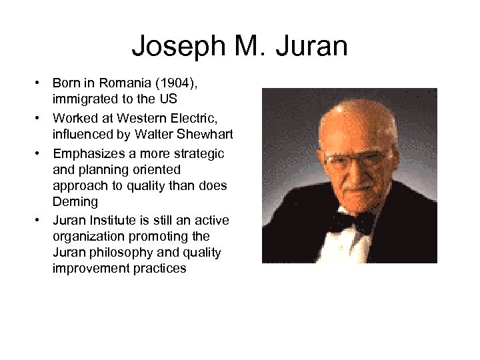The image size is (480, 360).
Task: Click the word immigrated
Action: point(83,100)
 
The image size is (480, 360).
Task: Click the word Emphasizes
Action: point(87,153)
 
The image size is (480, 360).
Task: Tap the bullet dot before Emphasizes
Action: point(40,154)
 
